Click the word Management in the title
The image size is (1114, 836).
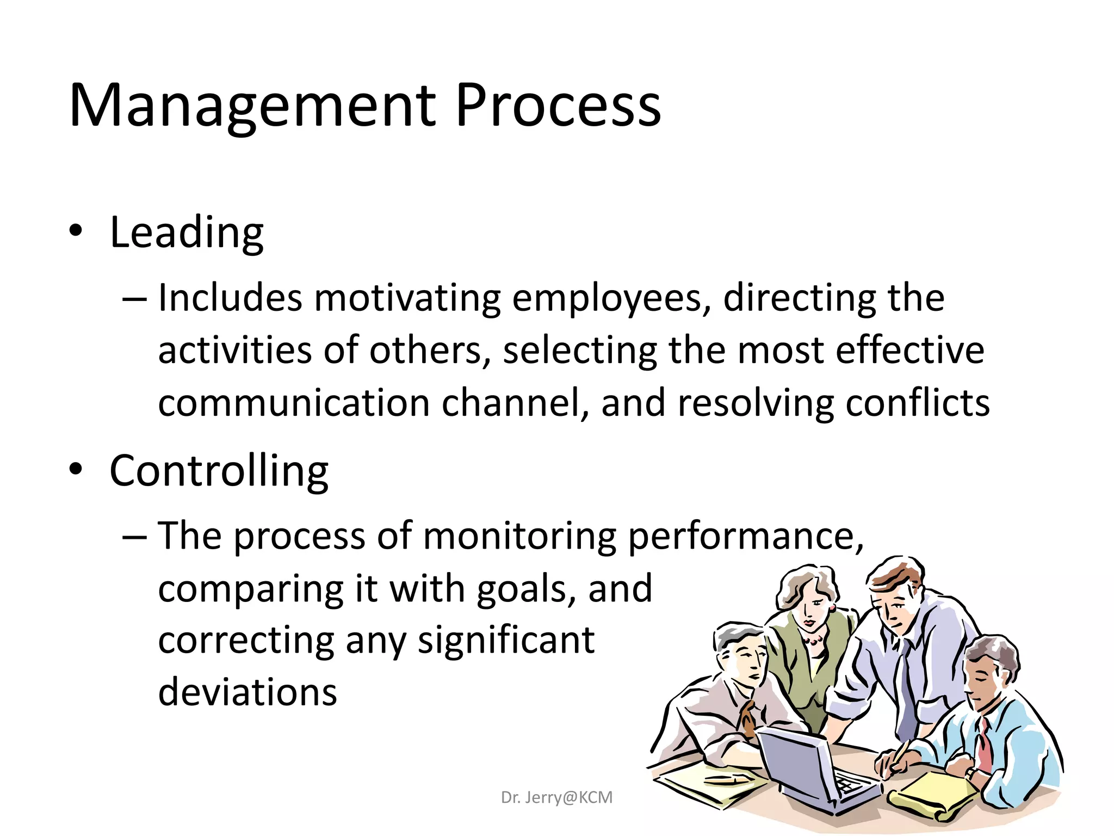click(x=252, y=106)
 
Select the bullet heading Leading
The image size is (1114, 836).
click(x=187, y=233)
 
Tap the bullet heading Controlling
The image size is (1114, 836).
click(x=219, y=471)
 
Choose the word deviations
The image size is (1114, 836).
click(x=247, y=692)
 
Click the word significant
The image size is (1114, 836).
click(x=506, y=641)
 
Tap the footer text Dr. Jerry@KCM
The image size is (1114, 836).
click(x=556, y=797)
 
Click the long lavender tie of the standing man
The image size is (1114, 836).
click(x=905, y=686)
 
